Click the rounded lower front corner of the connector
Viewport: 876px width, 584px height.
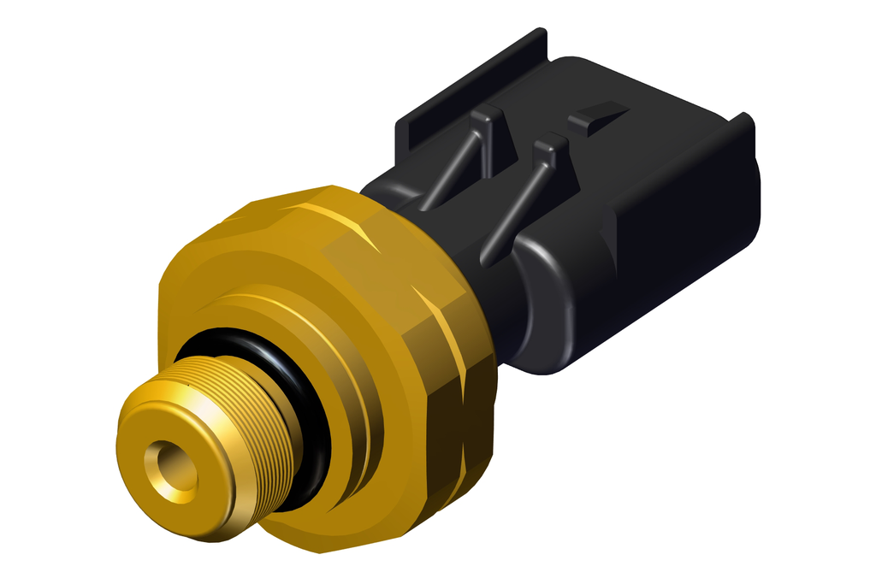click(547, 342)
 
